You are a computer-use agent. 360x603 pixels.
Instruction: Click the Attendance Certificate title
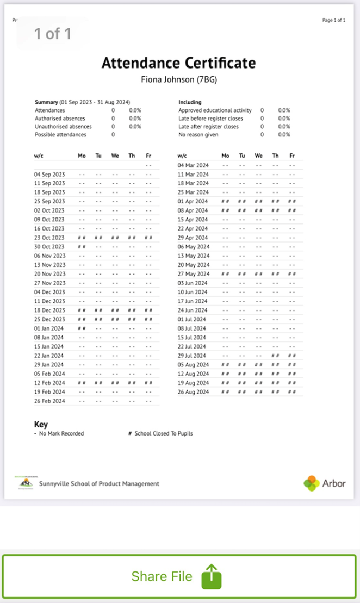click(x=178, y=63)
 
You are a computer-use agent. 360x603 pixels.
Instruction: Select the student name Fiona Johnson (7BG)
click(x=179, y=80)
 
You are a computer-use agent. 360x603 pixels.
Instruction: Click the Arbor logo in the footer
click(x=325, y=483)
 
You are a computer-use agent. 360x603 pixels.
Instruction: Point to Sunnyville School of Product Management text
click(x=99, y=483)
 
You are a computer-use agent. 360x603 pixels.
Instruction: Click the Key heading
click(x=41, y=424)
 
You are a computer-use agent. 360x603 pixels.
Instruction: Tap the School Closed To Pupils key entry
click(x=163, y=433)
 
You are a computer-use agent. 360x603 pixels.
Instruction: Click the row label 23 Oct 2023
click(x=49, y=238)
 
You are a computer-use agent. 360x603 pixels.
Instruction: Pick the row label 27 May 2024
click(x=193, y=274)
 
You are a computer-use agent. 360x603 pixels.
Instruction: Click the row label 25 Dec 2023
click(x=49, y=319)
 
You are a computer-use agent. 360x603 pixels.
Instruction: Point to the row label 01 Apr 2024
click(x=193, y=201)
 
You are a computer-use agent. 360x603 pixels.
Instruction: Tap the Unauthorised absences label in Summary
click(x=63, y=126)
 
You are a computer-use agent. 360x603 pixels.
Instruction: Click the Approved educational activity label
click(x=215, y=110)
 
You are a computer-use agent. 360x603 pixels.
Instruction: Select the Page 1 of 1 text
click(x=334, y=20)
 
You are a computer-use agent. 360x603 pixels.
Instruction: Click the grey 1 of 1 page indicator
click(x=53, y=34)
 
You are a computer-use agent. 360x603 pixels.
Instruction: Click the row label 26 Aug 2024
click(x=193, y=391)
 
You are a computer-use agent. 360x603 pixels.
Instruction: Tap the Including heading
click(x=190, y=102)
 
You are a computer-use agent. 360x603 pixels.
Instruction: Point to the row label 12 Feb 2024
click(x=49, y=383)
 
